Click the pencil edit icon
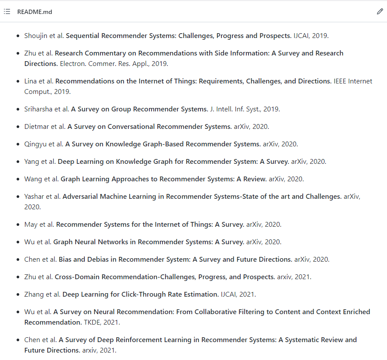point(380,12)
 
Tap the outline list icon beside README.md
point(7,12)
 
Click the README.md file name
point(35,12)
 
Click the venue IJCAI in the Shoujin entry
point(301,36)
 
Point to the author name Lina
point(31,81)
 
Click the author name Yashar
point(34,197)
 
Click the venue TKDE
point(92,322)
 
